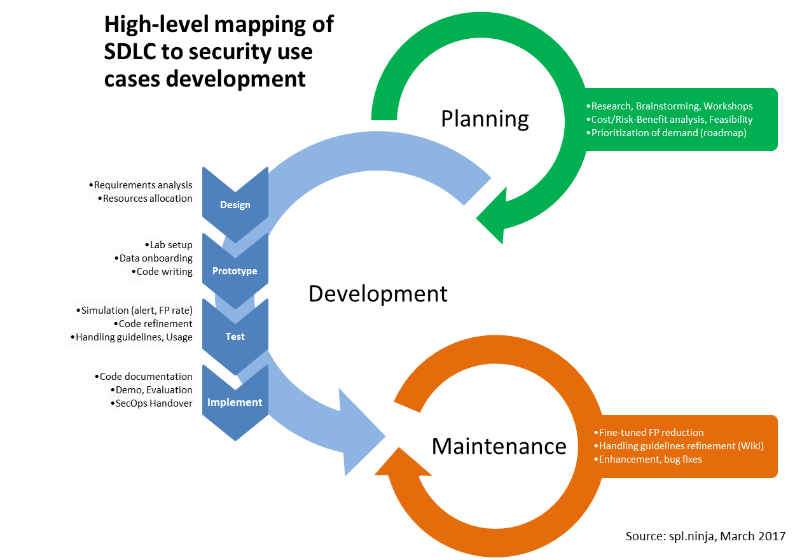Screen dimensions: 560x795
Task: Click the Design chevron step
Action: click(x=235, y=205)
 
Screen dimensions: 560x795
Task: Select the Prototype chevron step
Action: click(x=235, y=271)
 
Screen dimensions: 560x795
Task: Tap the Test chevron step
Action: click(x=235, y=337)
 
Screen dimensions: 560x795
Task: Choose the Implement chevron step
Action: click(x=235, y=402)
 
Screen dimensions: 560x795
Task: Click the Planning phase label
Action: click(x=485, y=119)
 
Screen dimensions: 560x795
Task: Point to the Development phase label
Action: click(x=378, y=294)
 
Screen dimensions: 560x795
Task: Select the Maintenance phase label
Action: click(x=499, y=446)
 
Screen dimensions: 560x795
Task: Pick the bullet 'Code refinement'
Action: click(x=156, y=324)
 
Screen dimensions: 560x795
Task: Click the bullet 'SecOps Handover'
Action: click(x=151, y=403)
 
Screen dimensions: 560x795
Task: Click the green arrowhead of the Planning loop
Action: click(x=502, y=213)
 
